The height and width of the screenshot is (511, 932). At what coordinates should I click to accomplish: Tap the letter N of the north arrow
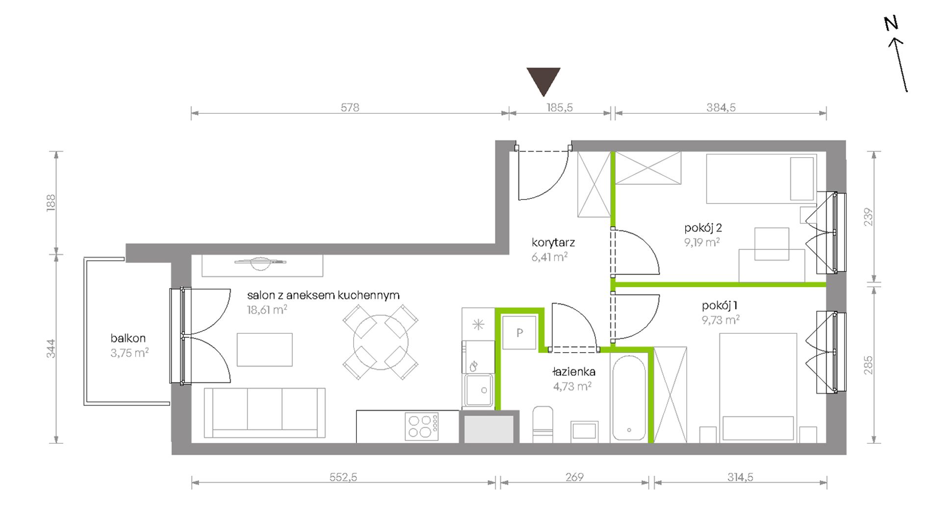tap(891, 24)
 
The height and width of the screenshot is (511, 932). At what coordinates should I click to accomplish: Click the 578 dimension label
tap(350, 107)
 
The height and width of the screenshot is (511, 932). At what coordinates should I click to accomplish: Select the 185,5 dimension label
tap(559, 107)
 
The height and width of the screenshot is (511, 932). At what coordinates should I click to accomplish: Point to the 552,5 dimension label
tap(343, 477)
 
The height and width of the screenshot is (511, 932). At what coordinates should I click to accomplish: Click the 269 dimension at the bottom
tap(574, 477)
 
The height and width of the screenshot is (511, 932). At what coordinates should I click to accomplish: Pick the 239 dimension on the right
tap(868, 217)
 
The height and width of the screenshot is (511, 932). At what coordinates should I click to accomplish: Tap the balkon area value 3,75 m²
tap(129, 353)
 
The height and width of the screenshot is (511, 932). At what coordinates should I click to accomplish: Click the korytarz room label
tap(553, 243)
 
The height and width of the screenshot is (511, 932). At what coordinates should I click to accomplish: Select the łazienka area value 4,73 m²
tap(572, 386)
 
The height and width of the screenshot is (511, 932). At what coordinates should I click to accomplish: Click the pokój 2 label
tap(703, 228)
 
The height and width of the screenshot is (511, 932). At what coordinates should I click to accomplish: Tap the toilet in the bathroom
tap(543, 424)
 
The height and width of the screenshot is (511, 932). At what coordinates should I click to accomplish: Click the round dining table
tap(381, 342)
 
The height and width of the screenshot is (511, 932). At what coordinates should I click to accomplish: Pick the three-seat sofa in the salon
tap(264, 413)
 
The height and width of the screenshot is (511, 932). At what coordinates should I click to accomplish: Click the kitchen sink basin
tap(479, 390)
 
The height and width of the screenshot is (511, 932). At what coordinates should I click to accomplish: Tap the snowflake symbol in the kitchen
tap(478, 324)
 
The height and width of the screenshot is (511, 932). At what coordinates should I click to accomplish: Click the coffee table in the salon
tap(265, 350)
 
